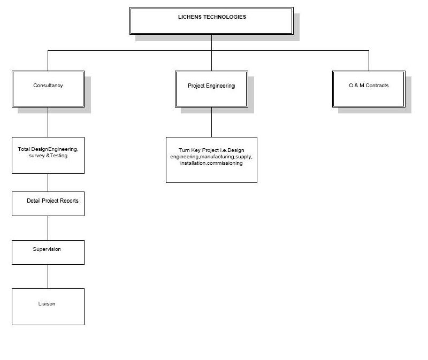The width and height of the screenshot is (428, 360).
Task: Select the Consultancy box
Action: tap(48, 89)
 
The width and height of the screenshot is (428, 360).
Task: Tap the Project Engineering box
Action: tap(211, 89)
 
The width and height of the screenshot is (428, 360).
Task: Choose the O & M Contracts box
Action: tap(369, 89)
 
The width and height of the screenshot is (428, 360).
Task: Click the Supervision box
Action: tap(48, 252)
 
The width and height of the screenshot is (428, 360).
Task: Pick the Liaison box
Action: tap(48, 307)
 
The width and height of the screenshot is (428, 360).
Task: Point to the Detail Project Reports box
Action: tap(48, 204)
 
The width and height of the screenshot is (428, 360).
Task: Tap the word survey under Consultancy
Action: tap(36, 156)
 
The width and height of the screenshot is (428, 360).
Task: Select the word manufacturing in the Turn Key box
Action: tap(217, 157)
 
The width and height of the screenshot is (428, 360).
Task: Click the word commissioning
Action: tap(225, 163)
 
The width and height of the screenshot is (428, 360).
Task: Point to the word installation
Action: tap(193, 163)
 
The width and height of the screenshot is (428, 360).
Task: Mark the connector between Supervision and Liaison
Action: tap(48, 277)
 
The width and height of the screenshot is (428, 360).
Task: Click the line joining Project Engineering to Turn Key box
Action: tap(211, 122)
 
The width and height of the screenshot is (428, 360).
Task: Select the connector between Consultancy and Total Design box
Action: tap(48, 122)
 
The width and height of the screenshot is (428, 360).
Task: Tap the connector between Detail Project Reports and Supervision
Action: tap(48, 228)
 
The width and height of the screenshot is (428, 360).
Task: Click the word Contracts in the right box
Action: tap(377, 86)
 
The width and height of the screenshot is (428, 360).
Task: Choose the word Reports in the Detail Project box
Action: tap(70, 201)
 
